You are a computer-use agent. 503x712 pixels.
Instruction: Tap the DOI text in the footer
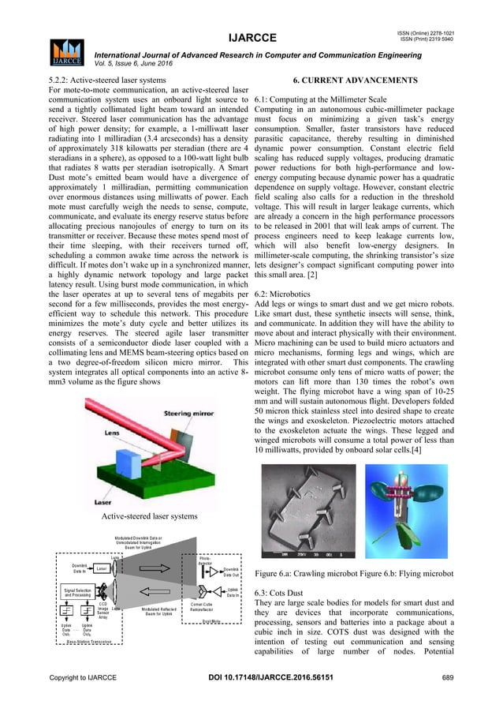tap(251, 699)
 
